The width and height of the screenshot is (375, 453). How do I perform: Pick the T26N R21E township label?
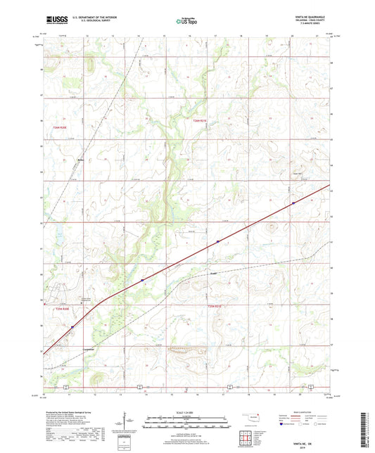tap(201, 121)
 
